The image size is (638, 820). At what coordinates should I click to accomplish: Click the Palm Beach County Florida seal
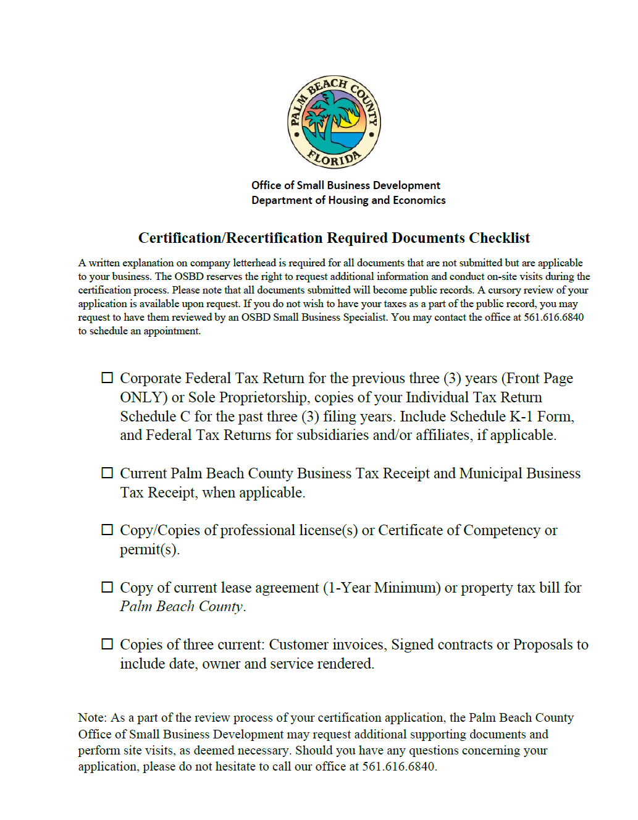(x=334, y=122)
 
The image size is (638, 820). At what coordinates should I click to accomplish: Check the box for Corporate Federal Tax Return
(x=107, y=378)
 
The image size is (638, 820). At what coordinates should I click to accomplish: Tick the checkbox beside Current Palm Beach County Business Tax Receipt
(x=107, y=473)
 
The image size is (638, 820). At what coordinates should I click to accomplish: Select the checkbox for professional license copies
(x=107, y=530)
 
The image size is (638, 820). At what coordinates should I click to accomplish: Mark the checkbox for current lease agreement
(x=107, y=587)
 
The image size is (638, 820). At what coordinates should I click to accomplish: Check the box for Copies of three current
(x=107, y=644)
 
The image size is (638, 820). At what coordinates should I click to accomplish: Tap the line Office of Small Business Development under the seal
(x=345, y=185)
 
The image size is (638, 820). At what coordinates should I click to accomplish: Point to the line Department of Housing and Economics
(x=348, y=200)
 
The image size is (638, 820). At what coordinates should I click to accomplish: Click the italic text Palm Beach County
(x=182, y=607)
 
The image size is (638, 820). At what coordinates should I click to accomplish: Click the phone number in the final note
(x=398, y=767)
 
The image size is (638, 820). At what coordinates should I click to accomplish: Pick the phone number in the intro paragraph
(x=553, y=318)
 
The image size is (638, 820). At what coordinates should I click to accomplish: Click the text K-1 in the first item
(x=521, y=416)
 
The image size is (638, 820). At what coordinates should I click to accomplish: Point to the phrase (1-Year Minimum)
(x=382, y=588)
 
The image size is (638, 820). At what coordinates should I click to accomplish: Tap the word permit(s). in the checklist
(x=149, y=550)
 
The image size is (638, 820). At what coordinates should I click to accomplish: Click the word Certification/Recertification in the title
(x=230, y=239)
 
